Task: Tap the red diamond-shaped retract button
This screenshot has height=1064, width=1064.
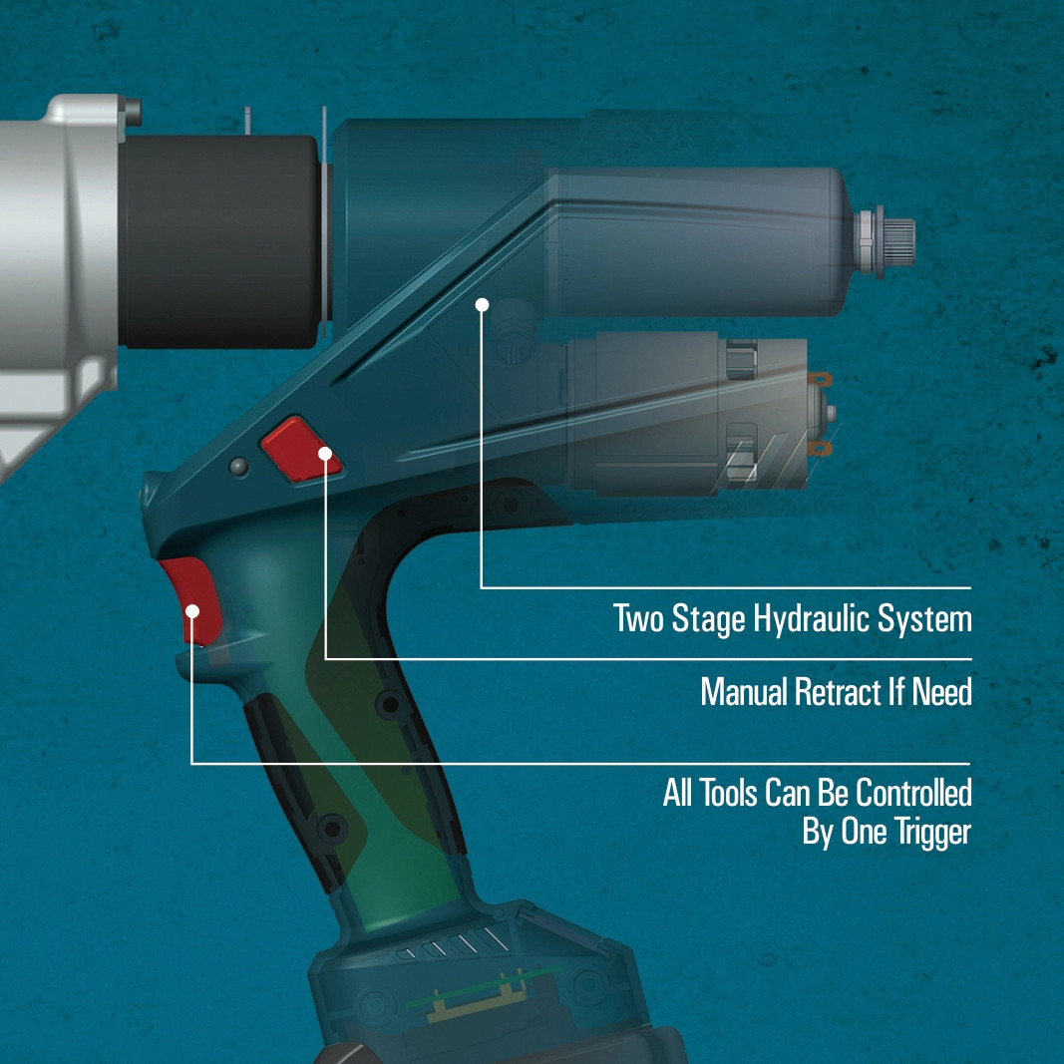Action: click(x=301, y=449)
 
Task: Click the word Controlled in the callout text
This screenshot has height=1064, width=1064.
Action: click(x=913, y=793)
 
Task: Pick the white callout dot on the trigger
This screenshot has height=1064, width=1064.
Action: click(x=192, y=611)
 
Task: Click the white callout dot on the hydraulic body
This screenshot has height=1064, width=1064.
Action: click(x=482, y=305)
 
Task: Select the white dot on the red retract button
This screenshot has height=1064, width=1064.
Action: click(x=325, y=454)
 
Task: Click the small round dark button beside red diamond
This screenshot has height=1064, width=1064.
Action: click(x=239, y=467)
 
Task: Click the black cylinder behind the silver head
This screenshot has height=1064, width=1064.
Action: click(x=220, y=241)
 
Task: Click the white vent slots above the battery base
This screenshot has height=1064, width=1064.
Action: click(x=454, y=944)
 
